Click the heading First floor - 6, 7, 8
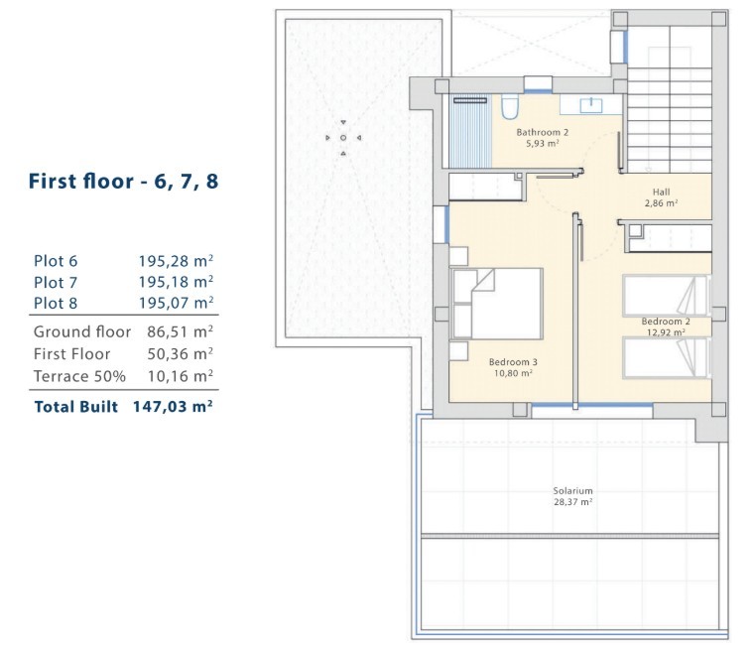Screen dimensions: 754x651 (x=124, y=182)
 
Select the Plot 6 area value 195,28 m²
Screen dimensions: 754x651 (x=176, y=261)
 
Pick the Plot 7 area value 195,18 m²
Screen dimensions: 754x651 (x=176, y=282)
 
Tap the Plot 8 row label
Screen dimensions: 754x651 (x=56, y=303)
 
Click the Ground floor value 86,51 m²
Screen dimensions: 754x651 (x=180, y=331)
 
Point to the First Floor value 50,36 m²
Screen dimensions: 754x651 (x=180, y=353)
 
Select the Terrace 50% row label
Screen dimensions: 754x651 (x=79, y=376)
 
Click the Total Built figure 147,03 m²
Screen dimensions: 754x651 (x=173, y=407)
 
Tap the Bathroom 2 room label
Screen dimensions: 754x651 (x=543, y=132)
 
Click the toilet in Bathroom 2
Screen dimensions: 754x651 (x=509, y=106)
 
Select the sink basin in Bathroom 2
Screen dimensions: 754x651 (x=591, y=105)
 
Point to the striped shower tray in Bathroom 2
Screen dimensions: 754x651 (x=470, y=131)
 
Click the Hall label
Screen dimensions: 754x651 (x=661, y=192)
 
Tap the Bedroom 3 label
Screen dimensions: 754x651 (x=513, y=362)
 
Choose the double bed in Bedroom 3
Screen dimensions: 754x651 (x=496, y=304)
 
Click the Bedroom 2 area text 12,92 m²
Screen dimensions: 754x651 (x=666, y=332)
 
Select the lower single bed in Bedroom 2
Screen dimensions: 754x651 (x=666, y=357)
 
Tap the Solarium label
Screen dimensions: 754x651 (x=572, y=491)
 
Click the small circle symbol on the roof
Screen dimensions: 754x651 (x=343, y=138)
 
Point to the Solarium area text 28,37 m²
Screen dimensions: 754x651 (x=572, y=502)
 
